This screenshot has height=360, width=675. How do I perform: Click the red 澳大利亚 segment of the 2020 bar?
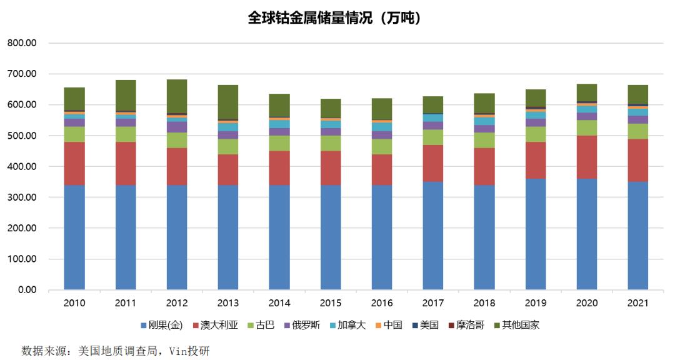[586, 157]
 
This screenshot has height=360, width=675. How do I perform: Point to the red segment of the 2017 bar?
[433, 163]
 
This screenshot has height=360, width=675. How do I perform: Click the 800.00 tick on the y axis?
[23, 43]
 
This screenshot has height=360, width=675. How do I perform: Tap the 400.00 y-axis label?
[23, 167]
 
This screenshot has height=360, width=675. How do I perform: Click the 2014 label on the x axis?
[279, 303]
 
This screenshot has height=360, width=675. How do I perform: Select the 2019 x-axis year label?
[535, 303]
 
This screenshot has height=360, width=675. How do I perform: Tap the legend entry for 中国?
[388, 325]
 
